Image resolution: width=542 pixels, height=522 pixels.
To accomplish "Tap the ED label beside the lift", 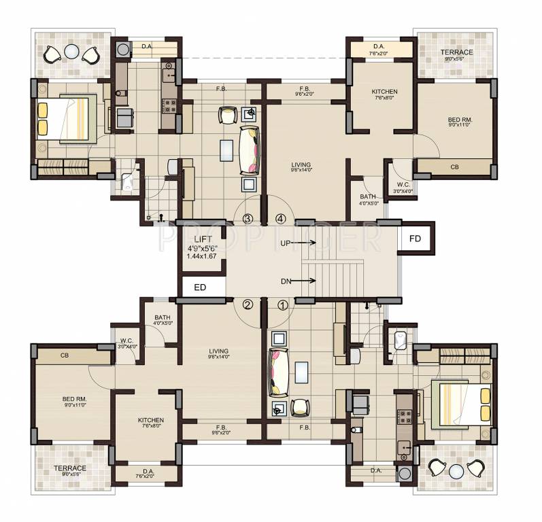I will click(200, 288).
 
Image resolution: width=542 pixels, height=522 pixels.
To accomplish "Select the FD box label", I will click(415, 239).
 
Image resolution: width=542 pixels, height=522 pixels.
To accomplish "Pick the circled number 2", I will click(248, 304).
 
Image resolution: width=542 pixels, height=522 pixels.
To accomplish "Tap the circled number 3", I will click(248, 219).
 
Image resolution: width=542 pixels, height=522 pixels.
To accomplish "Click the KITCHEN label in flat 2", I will click(146, 420).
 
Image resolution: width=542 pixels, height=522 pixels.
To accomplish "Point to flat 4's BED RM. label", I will click(460, 120).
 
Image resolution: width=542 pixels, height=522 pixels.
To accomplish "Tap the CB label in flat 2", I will click(65, 355).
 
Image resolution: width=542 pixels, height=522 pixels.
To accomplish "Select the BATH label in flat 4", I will click(367, 197).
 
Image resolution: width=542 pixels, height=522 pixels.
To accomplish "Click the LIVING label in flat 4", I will click(300, 164).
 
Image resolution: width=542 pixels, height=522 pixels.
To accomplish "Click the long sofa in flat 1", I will click(277, 372).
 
